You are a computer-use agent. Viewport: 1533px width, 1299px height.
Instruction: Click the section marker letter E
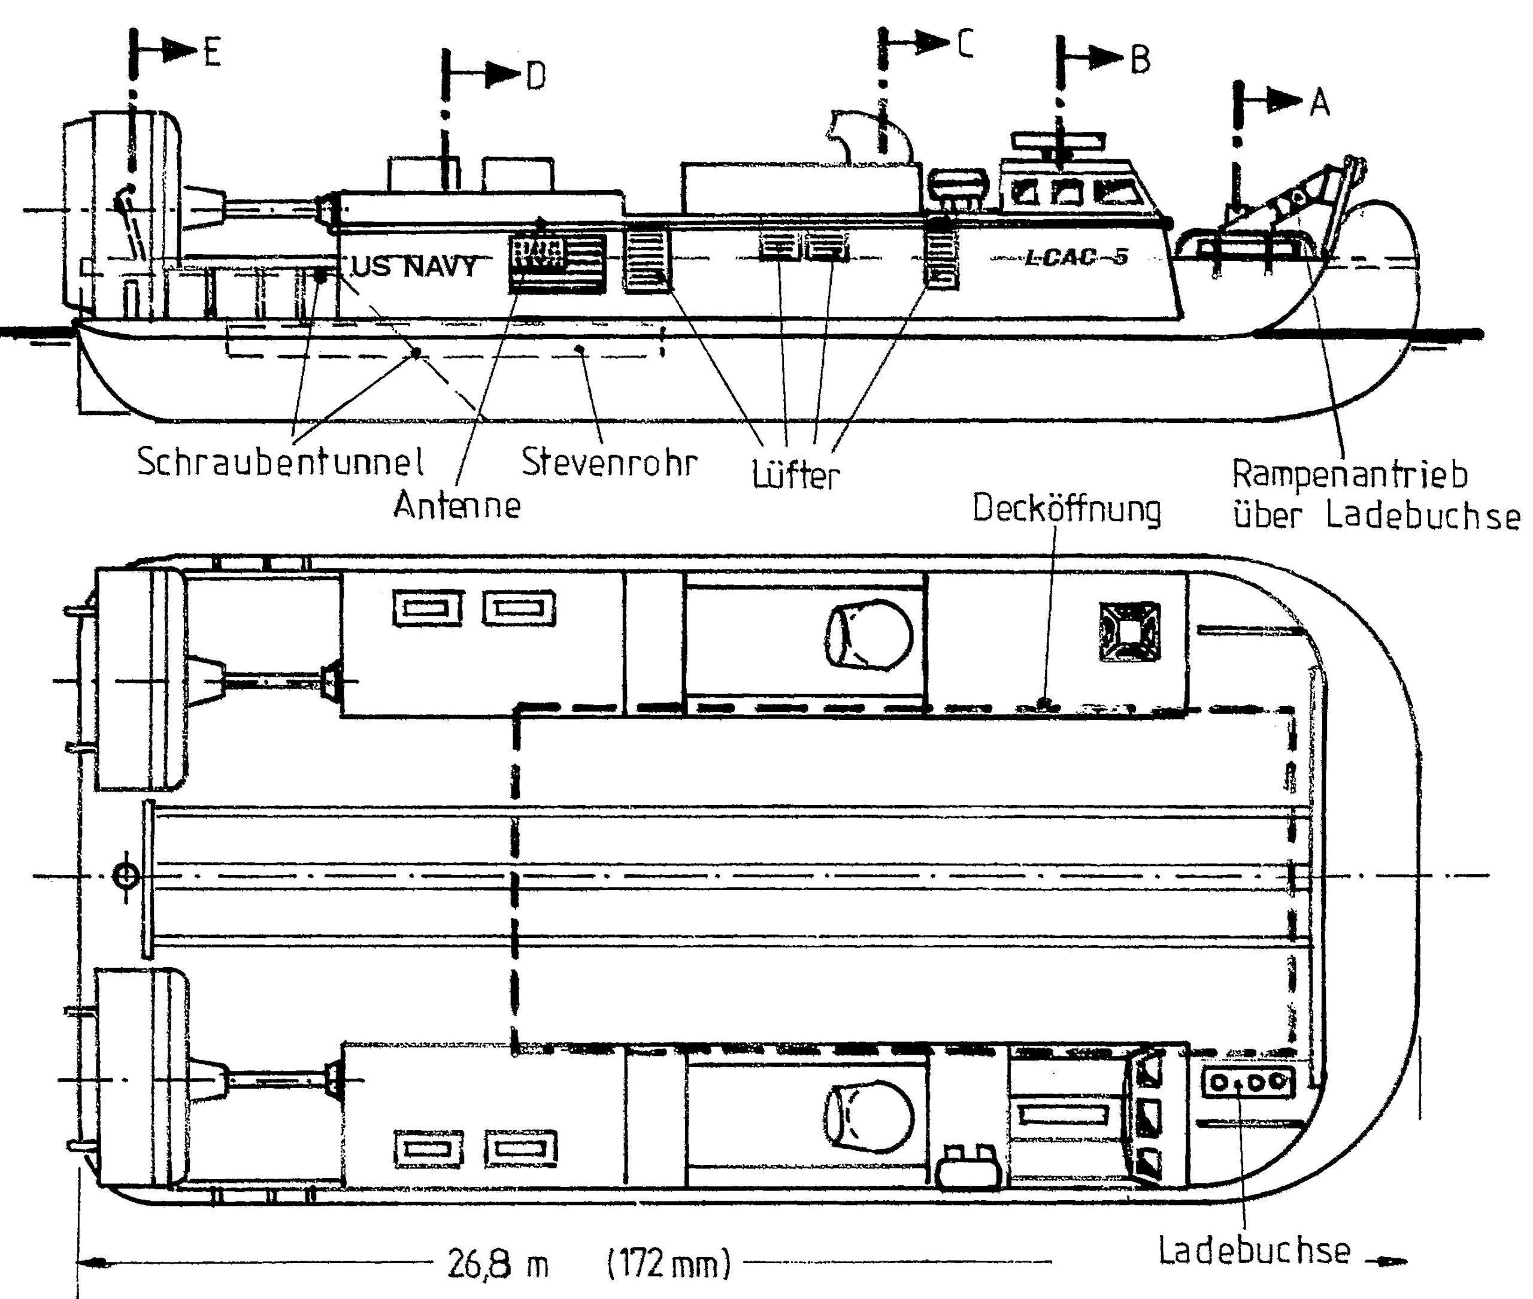[x=212, y=53]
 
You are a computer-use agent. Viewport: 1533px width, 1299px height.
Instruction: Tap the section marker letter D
[x=536, y=76]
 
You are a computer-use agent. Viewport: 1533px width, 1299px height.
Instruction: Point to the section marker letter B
[x=1139, y=60]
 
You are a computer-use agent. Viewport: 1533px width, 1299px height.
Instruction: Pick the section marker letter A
[x=1319, y=103]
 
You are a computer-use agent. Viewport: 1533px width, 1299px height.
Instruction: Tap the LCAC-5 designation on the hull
[x=1077, y=257]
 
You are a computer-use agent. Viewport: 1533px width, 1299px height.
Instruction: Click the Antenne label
[x=456, y=505]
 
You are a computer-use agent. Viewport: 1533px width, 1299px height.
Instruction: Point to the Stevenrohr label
[x=609, y=462]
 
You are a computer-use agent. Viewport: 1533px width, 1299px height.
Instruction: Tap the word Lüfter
[x=795, y=475]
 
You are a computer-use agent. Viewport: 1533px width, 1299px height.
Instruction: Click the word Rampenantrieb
[x=1350, y=474]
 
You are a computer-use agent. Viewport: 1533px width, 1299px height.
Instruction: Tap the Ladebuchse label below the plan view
[x=1254, y=1250]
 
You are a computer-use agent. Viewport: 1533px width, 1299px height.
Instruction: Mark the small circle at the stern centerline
[x=126, y=876]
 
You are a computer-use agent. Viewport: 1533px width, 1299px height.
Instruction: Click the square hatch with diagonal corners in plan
[x=1129, y=632]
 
